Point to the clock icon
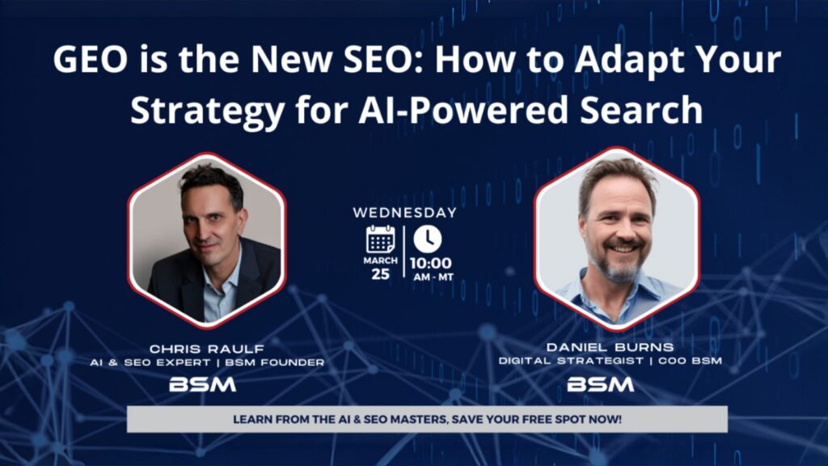pos(428,238)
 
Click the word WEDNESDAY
pos(404,213)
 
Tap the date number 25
pos(380,273)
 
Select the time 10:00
pos(430,263)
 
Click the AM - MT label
pos(430,277)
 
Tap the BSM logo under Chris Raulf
pos(202,385)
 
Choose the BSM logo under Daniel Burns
pos(600,384)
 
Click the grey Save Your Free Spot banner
pos(427,420)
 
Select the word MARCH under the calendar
pos(380,261)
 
